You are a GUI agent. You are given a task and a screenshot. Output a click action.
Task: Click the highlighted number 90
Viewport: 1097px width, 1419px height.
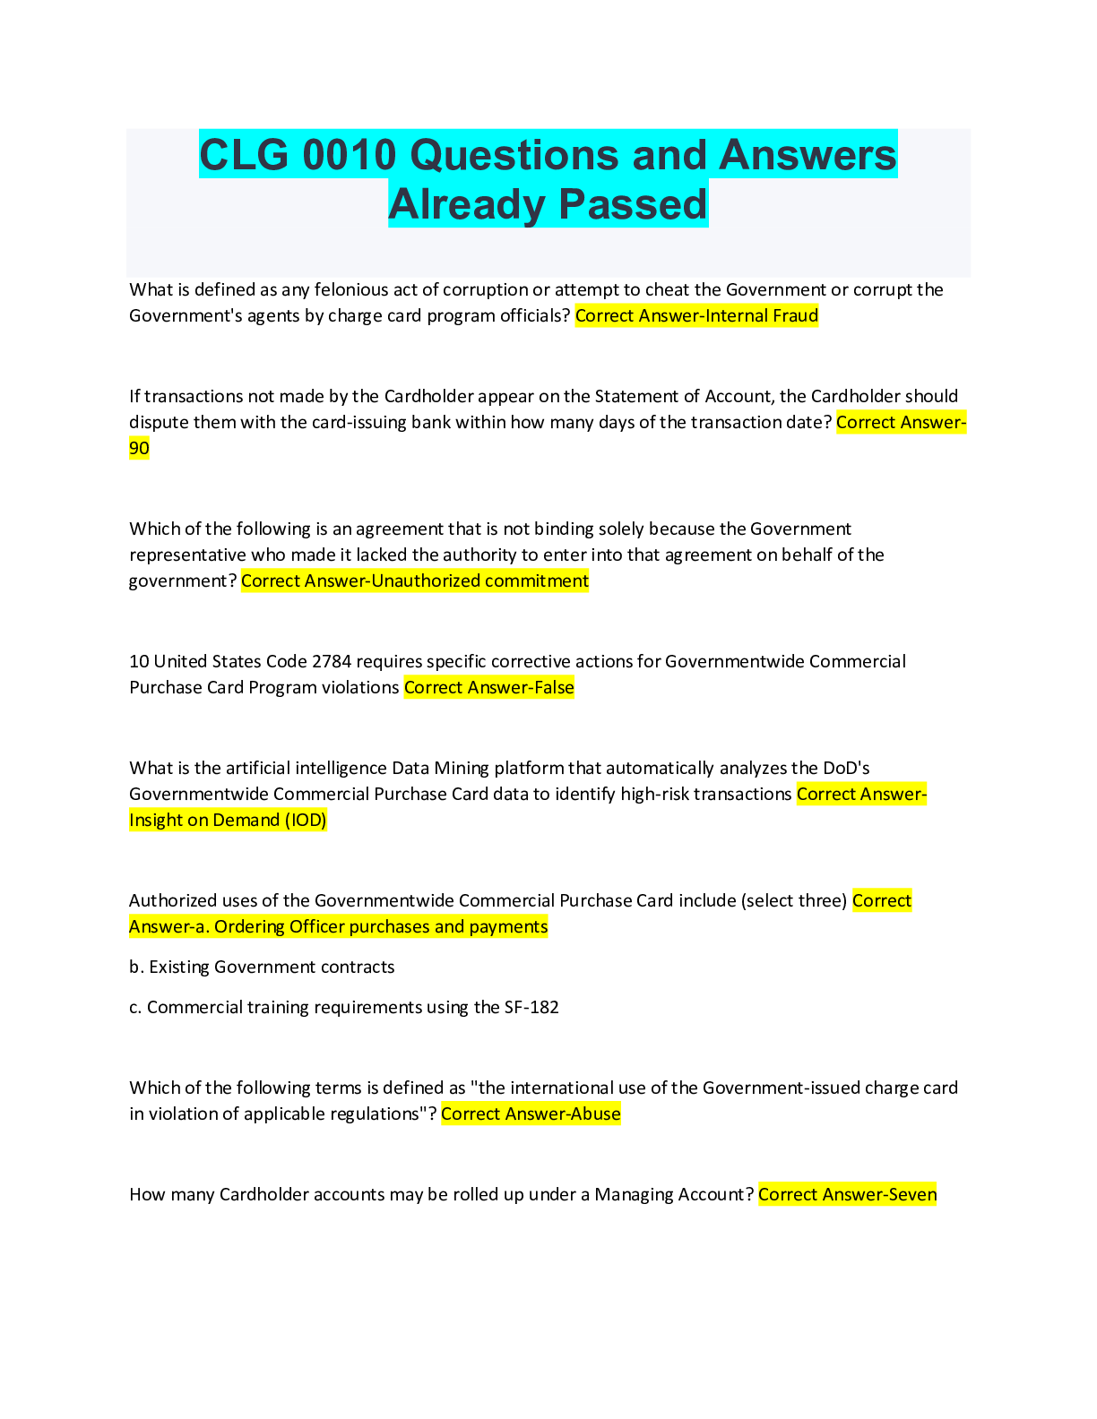(139, 448)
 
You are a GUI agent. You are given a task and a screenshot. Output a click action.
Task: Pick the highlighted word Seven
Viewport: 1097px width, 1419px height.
(912, 1194)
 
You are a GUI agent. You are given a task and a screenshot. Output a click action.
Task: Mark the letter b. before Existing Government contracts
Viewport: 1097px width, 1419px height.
(136, 967)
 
